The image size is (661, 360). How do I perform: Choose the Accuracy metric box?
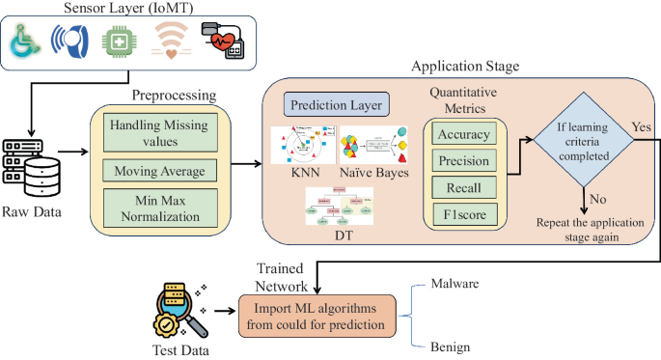(x=462, y=135)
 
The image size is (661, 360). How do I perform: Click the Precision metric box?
(x=462, y=161)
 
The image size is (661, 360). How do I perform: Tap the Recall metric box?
(x=462, y=186)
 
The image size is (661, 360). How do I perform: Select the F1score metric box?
(x=462, y=212)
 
